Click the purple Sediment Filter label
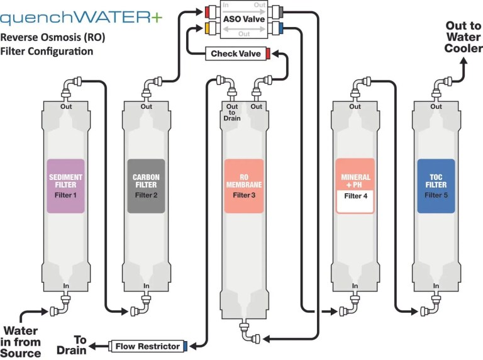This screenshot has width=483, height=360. click(65, 186)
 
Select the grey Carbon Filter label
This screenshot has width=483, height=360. click(146, 186)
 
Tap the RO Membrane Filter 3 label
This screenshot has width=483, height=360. click(243, 186)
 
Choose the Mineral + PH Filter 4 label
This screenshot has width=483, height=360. click(355, 186)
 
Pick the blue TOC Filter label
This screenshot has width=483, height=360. click(435, 186)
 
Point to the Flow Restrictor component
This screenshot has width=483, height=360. click(148, 346)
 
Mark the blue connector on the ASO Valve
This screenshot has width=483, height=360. click(280, 28)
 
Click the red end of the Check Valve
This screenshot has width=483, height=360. click(268, 53)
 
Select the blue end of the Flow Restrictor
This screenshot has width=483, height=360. click(186, 346)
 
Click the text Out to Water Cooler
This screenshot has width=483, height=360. click(464, 37)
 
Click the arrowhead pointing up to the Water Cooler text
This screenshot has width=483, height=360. click(464, 60)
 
